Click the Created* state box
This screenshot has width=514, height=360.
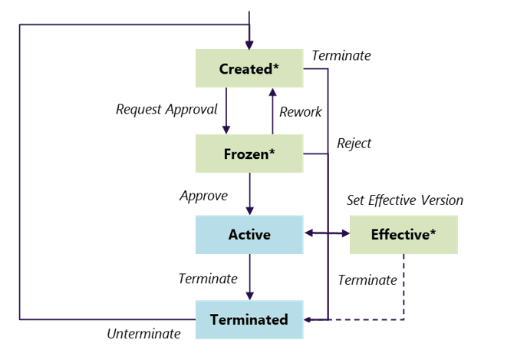tap(249, 68)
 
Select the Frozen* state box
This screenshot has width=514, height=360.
tap(249, 154)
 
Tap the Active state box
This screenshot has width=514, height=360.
tap(249, 234)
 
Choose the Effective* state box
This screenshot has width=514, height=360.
tap(404, 234)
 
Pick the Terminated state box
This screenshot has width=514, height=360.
tap(249, 319)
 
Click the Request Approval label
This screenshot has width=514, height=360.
tap(166, 109)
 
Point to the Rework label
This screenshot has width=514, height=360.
tap(301, 111)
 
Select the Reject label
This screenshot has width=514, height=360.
tap(354, 143)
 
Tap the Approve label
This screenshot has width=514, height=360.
tap(203, 196)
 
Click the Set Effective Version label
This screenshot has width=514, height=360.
tap(405, 200)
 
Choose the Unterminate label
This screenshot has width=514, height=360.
tap(143, 333)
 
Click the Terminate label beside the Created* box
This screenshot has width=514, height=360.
tap(341, 55)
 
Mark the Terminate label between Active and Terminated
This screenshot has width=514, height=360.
tap(208, 279)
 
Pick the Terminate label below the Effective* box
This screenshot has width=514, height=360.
tap(367, 279)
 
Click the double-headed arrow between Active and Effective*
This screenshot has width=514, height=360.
tap(327, 232)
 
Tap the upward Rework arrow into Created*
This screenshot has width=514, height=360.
tap(272, 111)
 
